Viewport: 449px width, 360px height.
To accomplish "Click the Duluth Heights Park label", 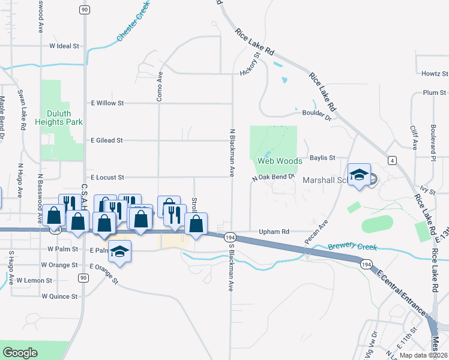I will (62, 117).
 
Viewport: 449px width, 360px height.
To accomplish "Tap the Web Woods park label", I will (279, 161).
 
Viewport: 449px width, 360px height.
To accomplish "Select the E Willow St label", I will (106, 103).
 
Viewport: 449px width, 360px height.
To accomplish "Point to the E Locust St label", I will (107, 178).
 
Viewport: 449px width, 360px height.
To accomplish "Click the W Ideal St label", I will (65, 46).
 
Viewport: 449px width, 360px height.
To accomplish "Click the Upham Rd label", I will (274, 232).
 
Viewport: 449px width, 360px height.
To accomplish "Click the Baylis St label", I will (322, 158).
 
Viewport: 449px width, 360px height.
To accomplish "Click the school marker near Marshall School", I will (359, 175).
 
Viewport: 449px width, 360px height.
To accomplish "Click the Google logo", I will (20, 352).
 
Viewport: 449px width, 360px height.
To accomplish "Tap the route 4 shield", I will (391, 160).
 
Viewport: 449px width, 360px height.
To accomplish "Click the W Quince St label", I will (60, 296).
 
